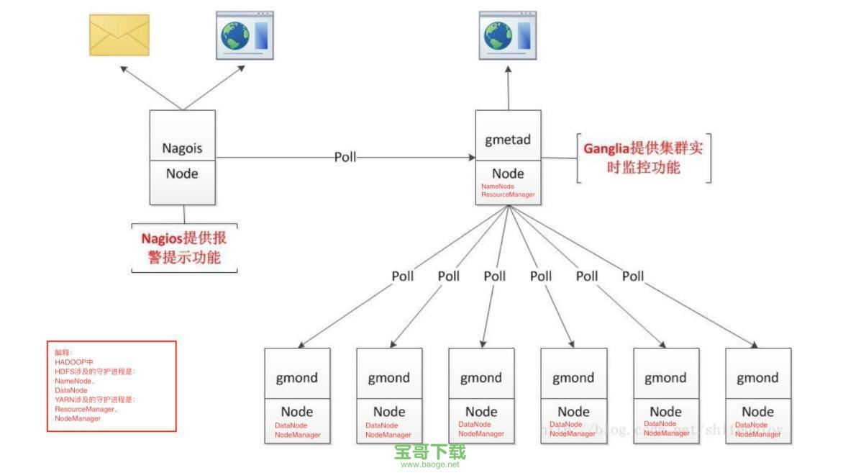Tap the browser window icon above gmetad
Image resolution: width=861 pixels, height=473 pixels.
click(509, 35)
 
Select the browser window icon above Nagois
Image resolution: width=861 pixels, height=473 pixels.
click(245, 35)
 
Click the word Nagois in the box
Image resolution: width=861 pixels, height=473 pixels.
click(182, 149)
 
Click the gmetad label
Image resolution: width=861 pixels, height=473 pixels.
click(508, 140)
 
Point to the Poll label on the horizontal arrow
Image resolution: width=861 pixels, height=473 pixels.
click(345, 157)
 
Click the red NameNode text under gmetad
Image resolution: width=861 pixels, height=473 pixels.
click(498, 186)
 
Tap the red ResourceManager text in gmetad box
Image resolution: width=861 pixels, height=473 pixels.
click(508, 194)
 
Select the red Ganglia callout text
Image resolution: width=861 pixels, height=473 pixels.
click(643, 158)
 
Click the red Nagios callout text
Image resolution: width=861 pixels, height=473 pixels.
click(184, 247)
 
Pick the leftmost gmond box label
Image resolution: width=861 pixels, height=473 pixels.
click(297, 378)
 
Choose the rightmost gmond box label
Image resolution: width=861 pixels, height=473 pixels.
click(757, 378)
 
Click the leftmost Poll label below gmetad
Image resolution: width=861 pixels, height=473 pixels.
click(403, 276)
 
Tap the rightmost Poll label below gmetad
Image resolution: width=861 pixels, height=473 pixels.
click(633, 276)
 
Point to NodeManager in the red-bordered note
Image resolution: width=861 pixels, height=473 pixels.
click(78, 418)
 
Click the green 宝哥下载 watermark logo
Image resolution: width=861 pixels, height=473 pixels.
click(430, 451)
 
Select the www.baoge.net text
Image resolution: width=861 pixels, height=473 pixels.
click(430, 464)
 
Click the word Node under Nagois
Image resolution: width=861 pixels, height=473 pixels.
click(182, 174)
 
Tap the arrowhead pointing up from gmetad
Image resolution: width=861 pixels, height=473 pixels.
click(509, 70)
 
